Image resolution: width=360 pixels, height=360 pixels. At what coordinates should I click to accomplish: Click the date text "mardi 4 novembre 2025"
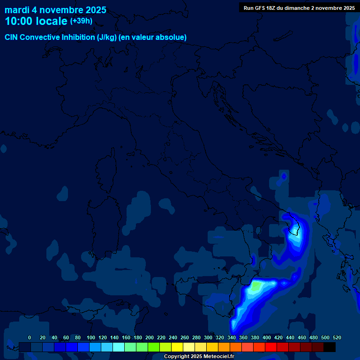(x=55, y=10)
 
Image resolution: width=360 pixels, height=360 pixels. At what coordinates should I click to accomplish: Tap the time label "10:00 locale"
(x=36, y=21)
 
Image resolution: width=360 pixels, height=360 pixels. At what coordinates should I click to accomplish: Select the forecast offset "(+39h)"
(x=81, y=21)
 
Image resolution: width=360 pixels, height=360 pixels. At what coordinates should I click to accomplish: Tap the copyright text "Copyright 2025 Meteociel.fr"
(x=199, y=357)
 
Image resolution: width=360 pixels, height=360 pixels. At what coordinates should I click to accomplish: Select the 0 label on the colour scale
(x=30, y=337)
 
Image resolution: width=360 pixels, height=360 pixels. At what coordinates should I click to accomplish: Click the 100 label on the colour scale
(x=91, y=337)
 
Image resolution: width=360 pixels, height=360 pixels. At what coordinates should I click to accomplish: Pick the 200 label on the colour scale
(x=150, y=337)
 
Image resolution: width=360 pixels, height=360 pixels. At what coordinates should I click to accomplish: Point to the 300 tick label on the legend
(x=208, y=337)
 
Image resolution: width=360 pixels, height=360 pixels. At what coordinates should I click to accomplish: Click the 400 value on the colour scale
(x=267, y=337)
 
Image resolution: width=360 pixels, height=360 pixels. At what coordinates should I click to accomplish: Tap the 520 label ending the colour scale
(x=337, y=337)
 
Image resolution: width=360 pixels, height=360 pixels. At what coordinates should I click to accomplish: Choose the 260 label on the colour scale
(x=185, y=337)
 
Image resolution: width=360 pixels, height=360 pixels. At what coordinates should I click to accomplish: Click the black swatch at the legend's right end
(x=330, y=347)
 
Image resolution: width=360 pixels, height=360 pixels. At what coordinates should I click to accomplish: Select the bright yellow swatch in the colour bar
(x=177, y=347)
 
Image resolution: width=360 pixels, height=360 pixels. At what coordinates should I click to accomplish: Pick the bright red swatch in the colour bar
(x=271, y=347)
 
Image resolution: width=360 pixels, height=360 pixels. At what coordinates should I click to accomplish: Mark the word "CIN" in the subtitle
(x=11, y=37)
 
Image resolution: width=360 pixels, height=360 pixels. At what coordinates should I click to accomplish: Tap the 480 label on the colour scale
(x=314, y=337)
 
